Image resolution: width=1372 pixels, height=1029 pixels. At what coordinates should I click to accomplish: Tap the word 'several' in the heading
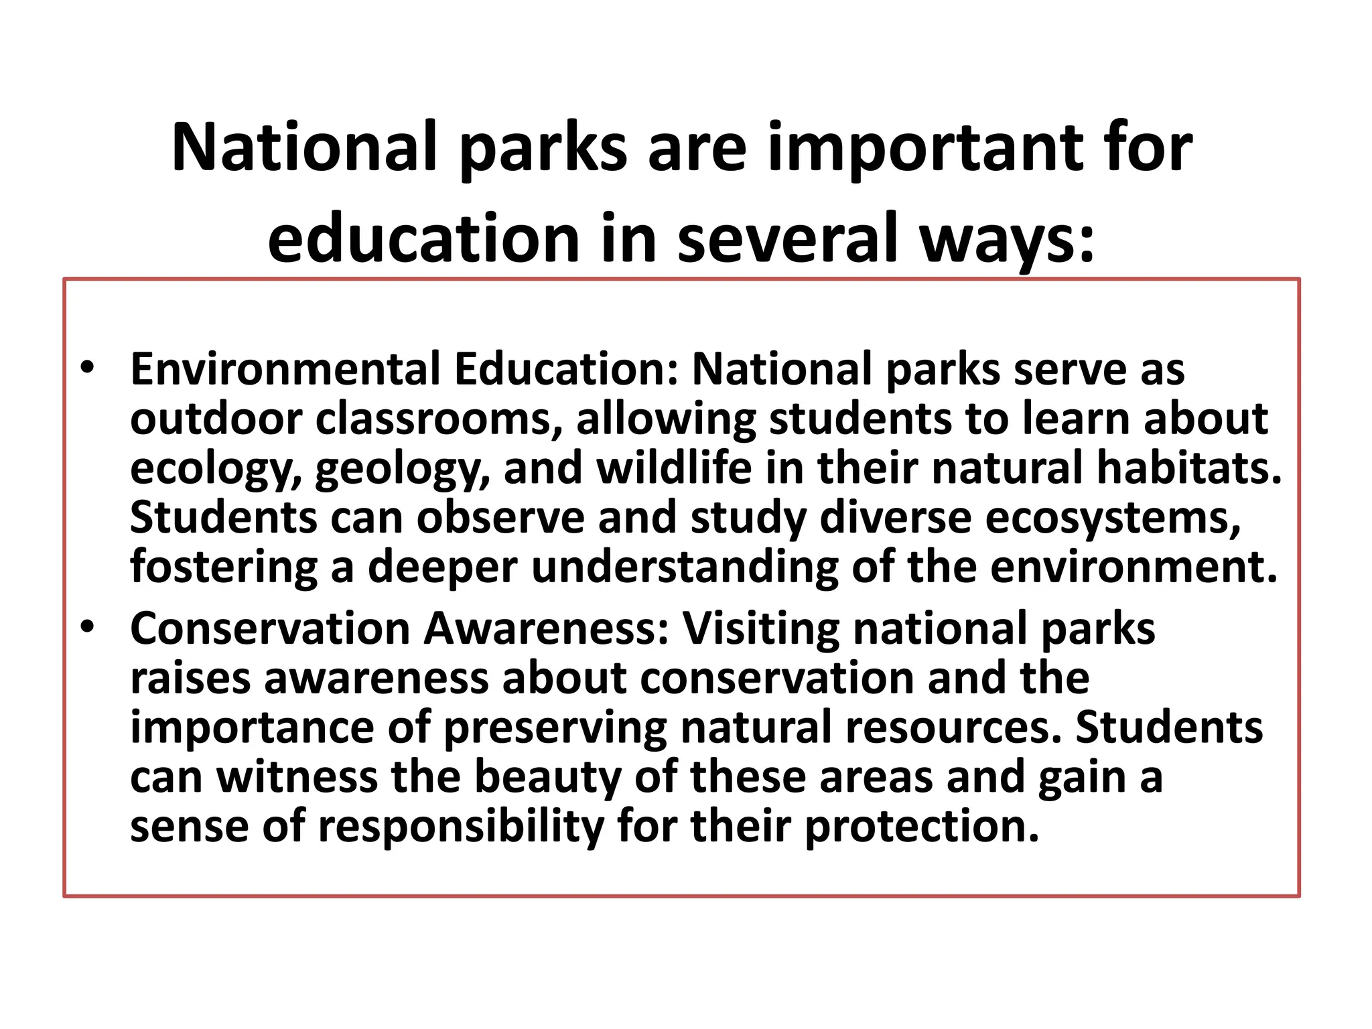(x=788, y=239)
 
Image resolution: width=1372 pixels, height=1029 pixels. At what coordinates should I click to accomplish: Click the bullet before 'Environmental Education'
(x=87, y=368)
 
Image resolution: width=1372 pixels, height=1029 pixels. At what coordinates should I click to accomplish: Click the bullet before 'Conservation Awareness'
(x=87, y=628)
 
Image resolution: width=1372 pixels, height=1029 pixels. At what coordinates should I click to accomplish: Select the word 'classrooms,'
(x=439, y=419)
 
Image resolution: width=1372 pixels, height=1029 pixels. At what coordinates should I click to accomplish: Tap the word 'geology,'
(x=403, y=469)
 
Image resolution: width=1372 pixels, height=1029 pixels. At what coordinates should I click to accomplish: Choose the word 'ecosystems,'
(x=1113, y=519)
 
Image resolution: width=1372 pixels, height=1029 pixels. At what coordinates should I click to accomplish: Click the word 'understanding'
(x=684, y=567)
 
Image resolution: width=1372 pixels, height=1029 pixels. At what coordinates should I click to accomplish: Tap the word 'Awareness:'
(x=547, y=629)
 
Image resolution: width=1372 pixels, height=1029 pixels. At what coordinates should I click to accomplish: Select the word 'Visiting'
(x=760, y=629)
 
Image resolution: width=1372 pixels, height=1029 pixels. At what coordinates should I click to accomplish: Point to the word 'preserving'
(x=555, y=728)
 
